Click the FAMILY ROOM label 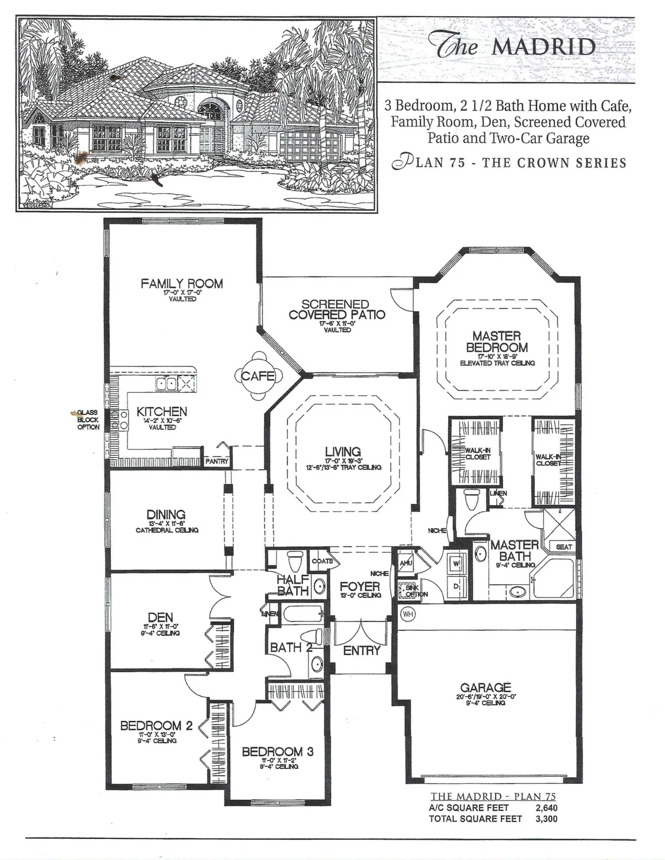(182, 283)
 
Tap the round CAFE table (258, 376)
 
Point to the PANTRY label (217, 461)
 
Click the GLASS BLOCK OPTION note (88, 420)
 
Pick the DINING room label (166, 514)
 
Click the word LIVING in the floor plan (343, 451)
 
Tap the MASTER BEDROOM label (496, 342)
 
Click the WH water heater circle (407, 614)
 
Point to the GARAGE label (485, 687)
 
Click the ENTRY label (361, 650)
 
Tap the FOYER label (360, 586)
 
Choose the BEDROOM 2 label (151, 726)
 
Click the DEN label (161, 617)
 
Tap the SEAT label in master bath (563, 547)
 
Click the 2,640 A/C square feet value (546, 808)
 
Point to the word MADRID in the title (543, 47)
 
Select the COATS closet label (322, 561)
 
